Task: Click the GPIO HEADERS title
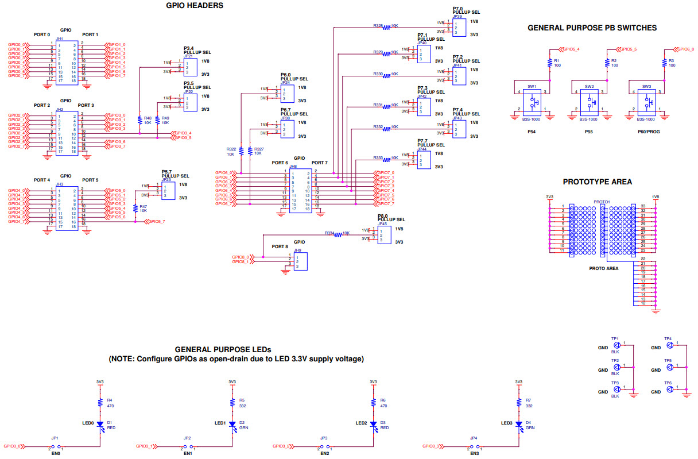(x=195, y=6)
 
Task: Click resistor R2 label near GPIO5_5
(x=614, y=60)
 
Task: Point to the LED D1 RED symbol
(x=100, y=425)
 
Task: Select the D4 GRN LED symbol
(x=519, y=425)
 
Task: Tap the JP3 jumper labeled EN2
(x=324, y=446)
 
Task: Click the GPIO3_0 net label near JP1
(x=12, y=446)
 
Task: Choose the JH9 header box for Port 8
(x=300, y=262)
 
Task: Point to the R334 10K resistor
(x=338, y=234)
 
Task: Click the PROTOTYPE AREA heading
(x=597, y=182)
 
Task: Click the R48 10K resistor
(x=139, y=120)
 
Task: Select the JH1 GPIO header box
(x=67, y=61)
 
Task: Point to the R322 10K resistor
(x=241, y=151)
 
